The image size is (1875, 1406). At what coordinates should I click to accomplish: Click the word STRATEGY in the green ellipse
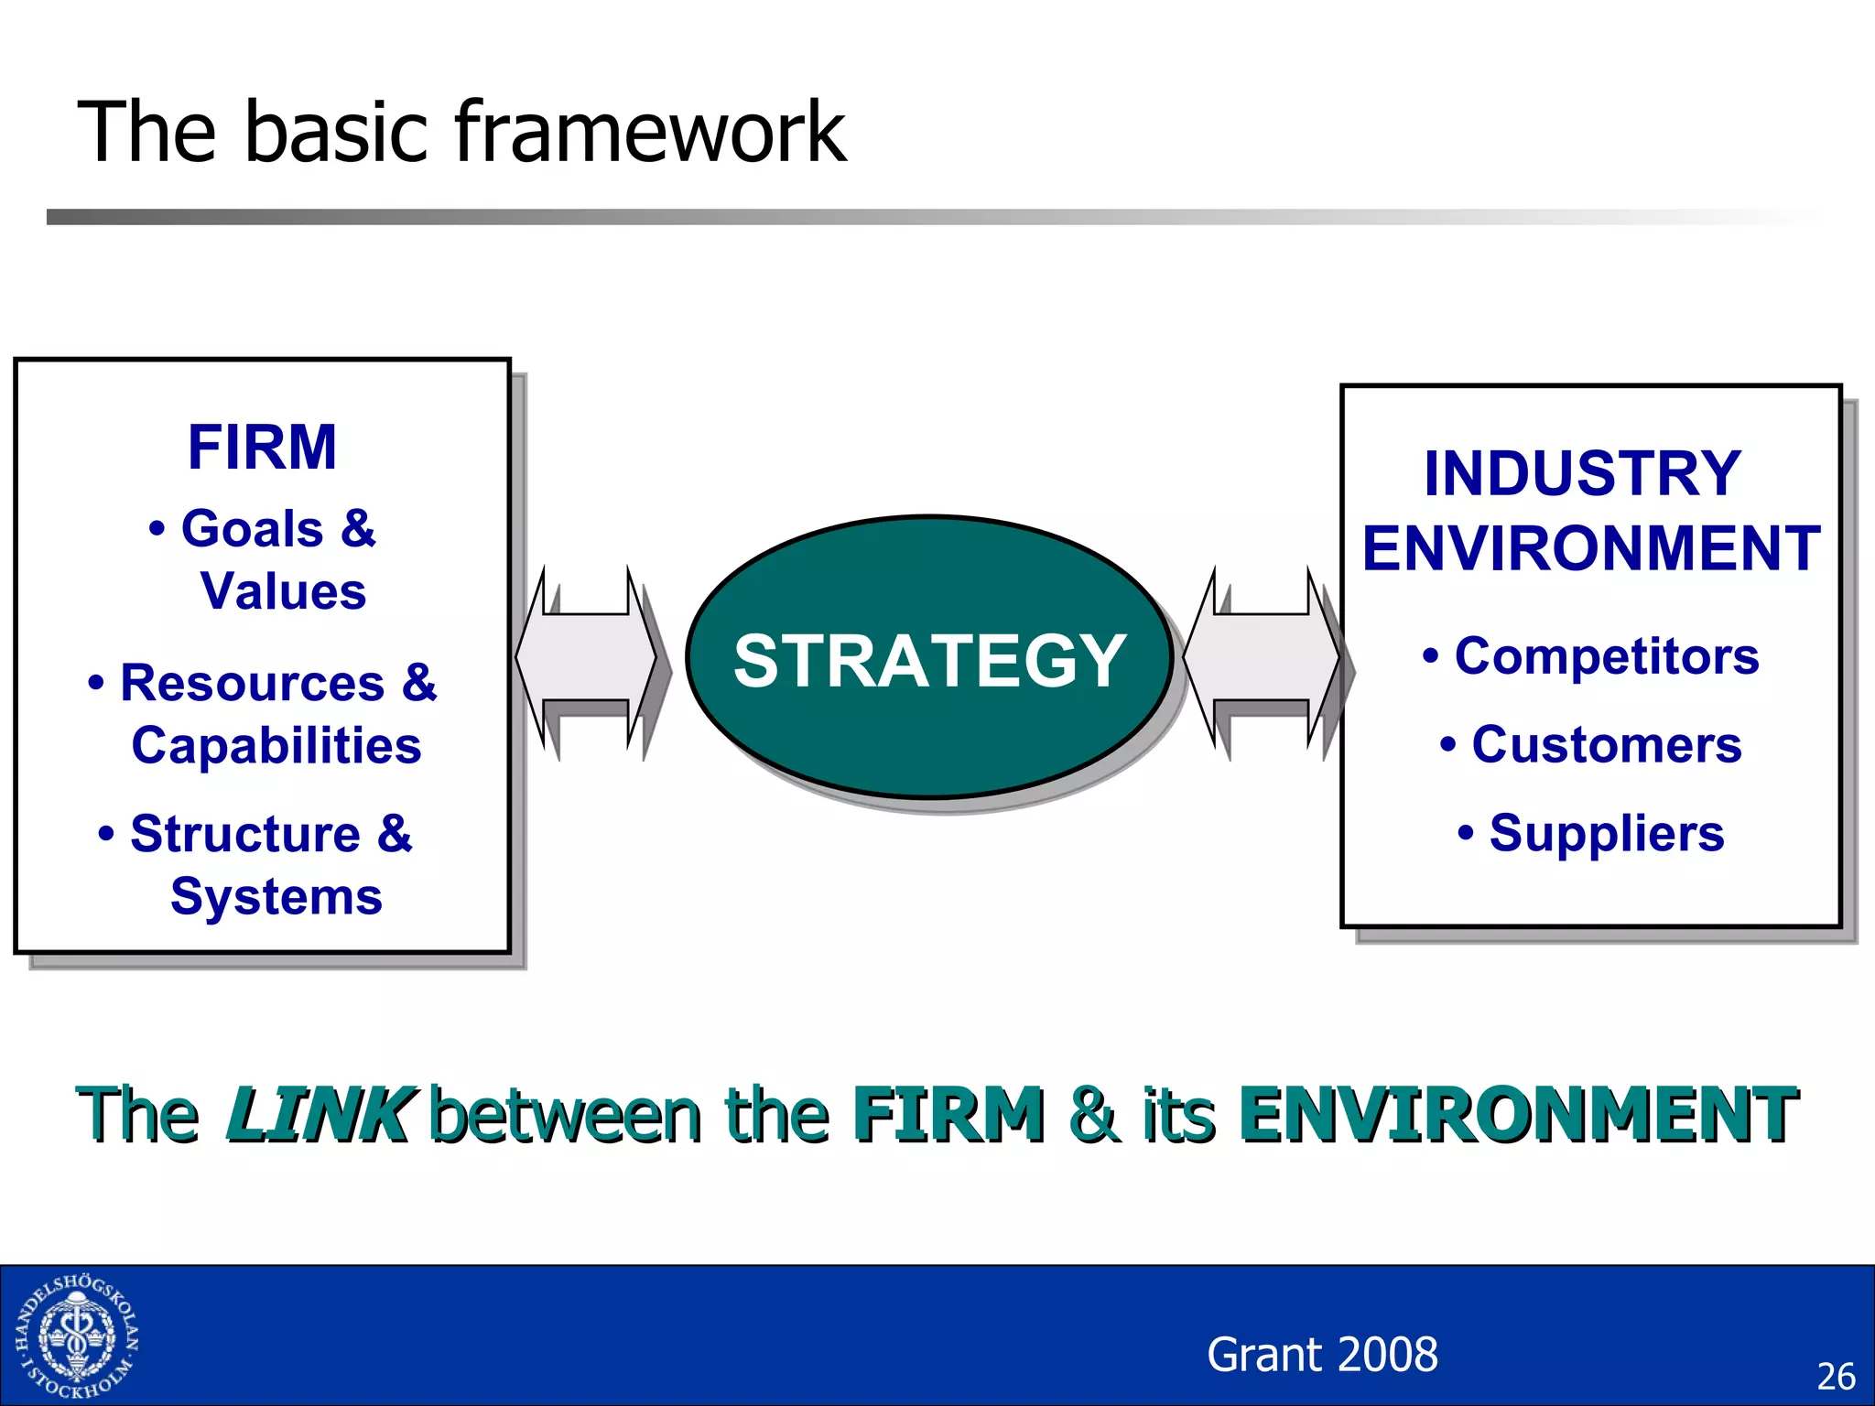tap(929, 661)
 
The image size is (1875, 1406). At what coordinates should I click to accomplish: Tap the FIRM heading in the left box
tap(263, 448)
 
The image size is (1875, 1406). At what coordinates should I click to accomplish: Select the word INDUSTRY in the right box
tap(1582, 474)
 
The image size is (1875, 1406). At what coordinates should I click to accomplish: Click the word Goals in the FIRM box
tap(252, 529)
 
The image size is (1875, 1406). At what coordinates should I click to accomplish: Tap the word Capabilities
tap(276, 745)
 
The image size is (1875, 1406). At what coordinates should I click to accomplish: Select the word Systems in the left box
tap(276, 896)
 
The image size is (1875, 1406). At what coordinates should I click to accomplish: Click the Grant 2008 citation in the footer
tap(1322, 1355)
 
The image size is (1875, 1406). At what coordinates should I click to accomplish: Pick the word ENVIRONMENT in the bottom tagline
tap(1517, 1114)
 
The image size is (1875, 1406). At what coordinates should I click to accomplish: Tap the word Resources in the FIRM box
tap(252, 684)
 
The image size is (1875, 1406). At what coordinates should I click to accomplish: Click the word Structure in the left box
tap(245, 834)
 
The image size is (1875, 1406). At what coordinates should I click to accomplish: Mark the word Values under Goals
tap(284, 591)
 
